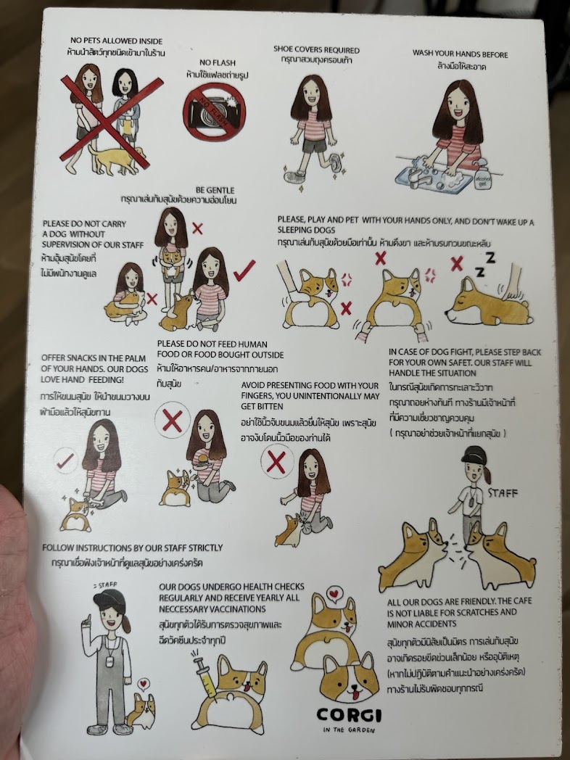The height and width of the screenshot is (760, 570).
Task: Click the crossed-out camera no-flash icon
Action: [214, 112]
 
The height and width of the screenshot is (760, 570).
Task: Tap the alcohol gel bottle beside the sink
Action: [483, 174]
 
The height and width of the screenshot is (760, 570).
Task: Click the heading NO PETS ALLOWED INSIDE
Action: [116, 41]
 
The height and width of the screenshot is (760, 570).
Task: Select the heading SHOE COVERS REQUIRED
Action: [316, 49]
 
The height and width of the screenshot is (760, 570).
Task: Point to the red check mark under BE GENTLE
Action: [244, 270]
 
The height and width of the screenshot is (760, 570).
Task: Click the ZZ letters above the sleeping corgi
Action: [486, 265]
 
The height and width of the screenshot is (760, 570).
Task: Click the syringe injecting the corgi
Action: [205, 674]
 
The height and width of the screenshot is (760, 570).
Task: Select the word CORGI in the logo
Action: [349, 715]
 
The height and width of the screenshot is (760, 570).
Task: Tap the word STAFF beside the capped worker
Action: [503, 493]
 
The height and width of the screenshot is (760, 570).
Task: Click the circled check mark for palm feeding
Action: [65, 461]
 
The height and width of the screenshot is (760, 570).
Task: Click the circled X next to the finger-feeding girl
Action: [277, 462]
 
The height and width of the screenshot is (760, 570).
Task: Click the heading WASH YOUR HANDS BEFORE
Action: [460, 54]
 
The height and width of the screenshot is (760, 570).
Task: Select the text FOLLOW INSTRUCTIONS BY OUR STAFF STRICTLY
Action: [132, 548]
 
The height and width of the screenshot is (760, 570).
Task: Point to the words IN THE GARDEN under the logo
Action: [349, 730]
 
